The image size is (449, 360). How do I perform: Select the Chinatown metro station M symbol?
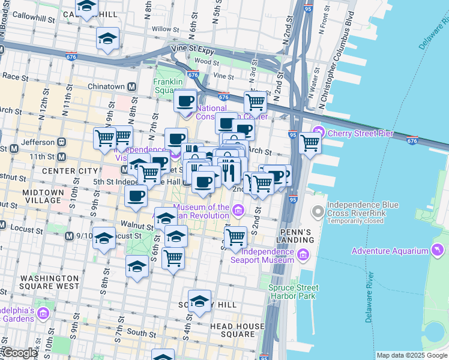pos(130,86)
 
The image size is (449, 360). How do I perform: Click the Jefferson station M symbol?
pos(61,142)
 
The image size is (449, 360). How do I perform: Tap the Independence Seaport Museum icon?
pos(303,256)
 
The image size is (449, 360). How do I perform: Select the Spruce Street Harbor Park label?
pos(292,292)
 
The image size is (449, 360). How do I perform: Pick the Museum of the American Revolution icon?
pos(238,209)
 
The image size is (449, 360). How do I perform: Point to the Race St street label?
pos(12,76)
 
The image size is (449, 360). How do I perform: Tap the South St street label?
pos(142,332)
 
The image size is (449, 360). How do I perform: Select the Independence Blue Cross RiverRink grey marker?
pos(318,212)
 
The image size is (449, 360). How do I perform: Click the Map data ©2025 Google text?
pos(411,355)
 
